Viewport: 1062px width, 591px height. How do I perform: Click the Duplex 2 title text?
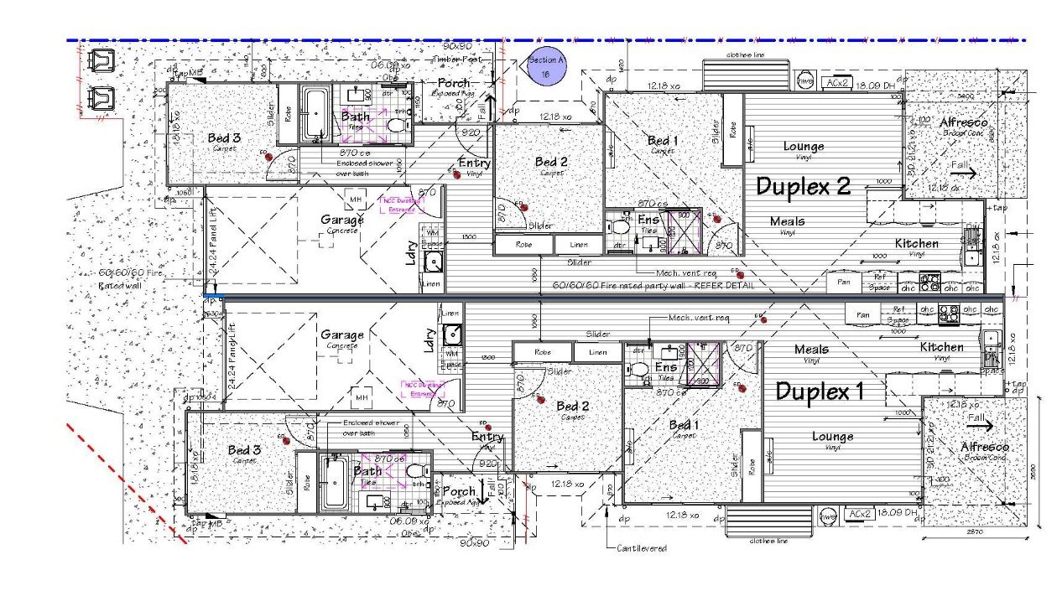click(803, 186)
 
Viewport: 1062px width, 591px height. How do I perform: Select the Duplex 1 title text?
click(820, 391)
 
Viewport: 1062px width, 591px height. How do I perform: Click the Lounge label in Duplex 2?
click(803, 146)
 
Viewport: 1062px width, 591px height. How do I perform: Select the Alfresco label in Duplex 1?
click(984, 447)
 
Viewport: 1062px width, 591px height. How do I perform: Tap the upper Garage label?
click(342, 220)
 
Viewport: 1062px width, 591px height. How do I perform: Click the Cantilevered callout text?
click(642, 548)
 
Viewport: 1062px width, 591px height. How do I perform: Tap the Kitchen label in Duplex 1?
click(941, 347)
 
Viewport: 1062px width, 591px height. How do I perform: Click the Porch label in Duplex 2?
click(454, 84)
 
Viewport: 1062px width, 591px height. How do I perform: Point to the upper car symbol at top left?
click(102, 61)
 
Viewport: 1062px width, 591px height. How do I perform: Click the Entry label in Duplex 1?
click(487, 437)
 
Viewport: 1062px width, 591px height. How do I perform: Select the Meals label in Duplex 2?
click(787, 221)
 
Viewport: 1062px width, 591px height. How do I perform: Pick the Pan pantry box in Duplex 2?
click(843, 283)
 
